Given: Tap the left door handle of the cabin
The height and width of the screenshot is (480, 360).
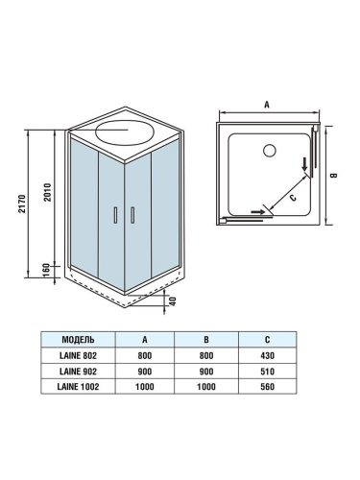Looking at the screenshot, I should [x=116, y=217].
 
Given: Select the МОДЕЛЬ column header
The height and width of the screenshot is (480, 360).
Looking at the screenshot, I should [x=78, y=340].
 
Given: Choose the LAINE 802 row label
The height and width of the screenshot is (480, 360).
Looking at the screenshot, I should [x=78, y=355].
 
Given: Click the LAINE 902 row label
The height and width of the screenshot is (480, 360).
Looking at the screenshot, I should [x=78, y=371].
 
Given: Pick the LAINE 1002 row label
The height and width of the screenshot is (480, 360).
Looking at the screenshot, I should [x=78, y=386].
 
